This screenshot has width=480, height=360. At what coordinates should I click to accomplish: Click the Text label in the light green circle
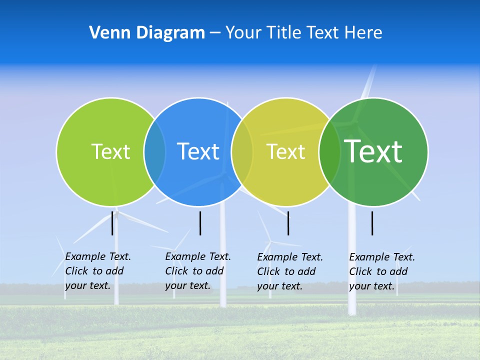pyautogui.click(x=110, y=151)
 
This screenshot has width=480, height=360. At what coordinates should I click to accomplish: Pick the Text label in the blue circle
pyautogui.click(x=198, y=151)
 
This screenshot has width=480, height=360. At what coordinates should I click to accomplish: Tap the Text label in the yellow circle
pyautogui.click(x=285, y=151)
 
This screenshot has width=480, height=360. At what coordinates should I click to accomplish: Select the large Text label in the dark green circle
pyautogui.click(x=373, y=151)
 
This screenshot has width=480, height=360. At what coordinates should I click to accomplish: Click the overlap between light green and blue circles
pyautogui.click(x=155, y=151)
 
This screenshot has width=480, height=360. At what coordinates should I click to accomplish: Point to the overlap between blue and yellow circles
pyautogui.click(x=242, y=151)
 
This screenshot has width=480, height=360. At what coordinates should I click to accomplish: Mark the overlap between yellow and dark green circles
pyautogui.click(x=329, y=151)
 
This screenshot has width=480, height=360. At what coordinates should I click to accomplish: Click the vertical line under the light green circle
pyautogui.click(x=112, y=223)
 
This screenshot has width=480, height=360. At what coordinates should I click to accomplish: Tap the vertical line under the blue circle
pyautogui.click(x=200, y=223)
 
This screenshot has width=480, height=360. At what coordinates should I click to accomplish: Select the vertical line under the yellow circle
pyautogui.click(x=288, y=223)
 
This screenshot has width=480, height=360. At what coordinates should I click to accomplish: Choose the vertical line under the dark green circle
pyautogui.click(x=372, y=223)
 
